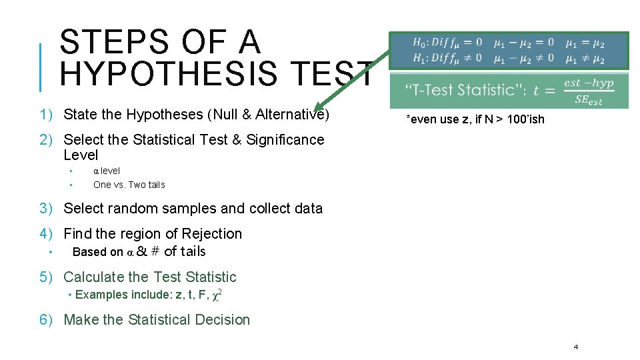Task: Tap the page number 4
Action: tap(575, 347)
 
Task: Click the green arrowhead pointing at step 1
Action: tap(321, 106)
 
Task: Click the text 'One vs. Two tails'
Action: tap(129, 185)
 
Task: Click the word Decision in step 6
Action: tap(220, 320)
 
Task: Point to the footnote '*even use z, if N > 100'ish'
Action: tap(475, 119)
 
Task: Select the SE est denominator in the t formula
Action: tap(588, 100)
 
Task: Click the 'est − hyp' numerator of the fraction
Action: tap(588, 83)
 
